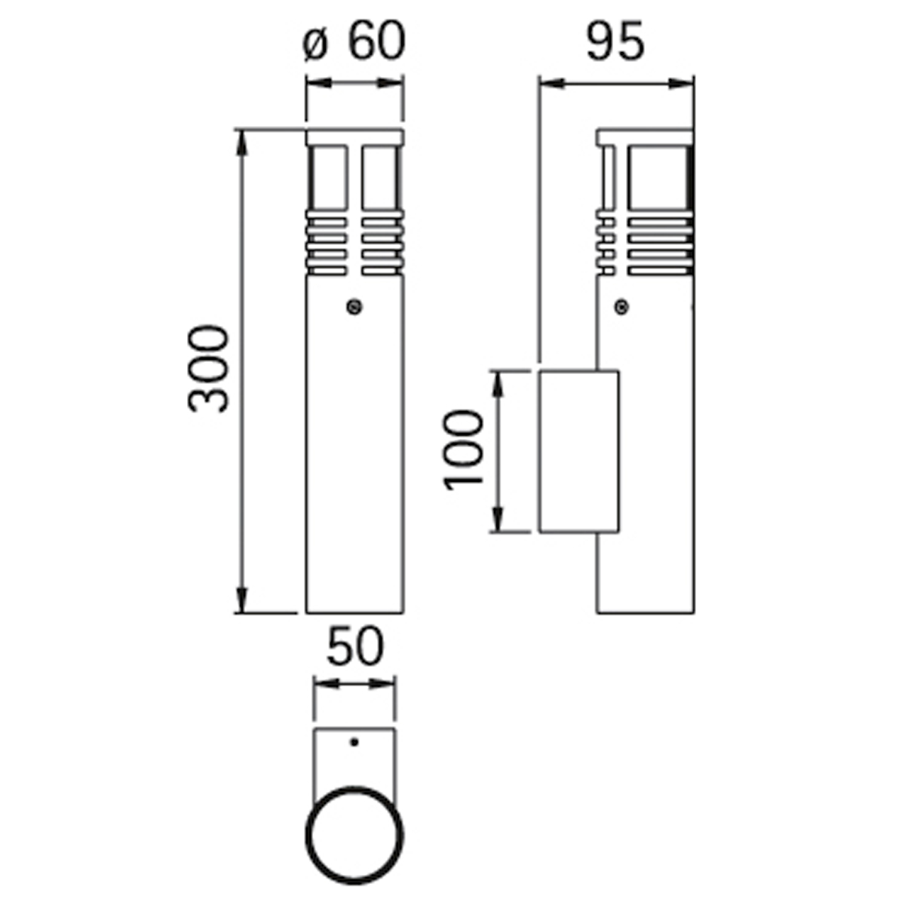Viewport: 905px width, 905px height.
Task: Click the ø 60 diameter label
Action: pyautogui.click(x=354, y=41)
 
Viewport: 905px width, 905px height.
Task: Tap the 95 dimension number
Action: pyautogui.click(x=615, y=41)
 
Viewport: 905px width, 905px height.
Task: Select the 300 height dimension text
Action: pyautogui.click(x=207, y=368)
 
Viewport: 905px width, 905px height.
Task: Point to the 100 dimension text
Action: pyautogui.click(x=462, y=449)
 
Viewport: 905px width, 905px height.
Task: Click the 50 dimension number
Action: pyautogui.click(x=355, y=646)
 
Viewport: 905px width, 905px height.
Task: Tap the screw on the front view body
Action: pyautogui.click(x=354, y=307)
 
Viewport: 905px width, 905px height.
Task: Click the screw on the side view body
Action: pyautogui.click(x=621, y=307)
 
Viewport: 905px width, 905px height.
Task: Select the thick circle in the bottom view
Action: pyautogui.click(x=306, y=836)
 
